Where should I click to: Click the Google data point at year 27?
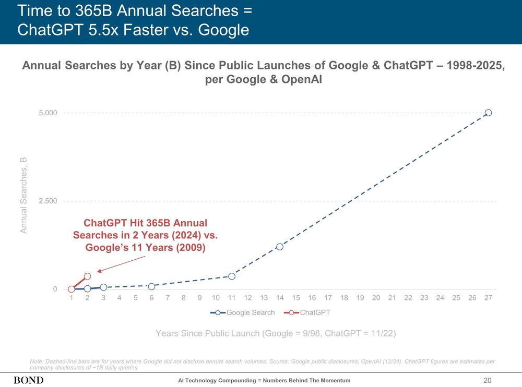[488, 113]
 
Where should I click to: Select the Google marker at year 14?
[280, 247]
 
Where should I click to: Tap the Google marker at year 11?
[232, 276]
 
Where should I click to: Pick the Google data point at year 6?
[151, 286]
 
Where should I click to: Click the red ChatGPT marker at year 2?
[87, 276]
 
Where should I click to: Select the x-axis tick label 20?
[376, 298]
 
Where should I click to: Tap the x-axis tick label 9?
[199, 298]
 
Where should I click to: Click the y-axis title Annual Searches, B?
[23, 195]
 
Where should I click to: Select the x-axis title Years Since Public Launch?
[276, 334]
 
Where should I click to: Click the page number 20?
[489, 380]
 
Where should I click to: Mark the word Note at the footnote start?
[38, 361]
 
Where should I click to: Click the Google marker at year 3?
[103, 287]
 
